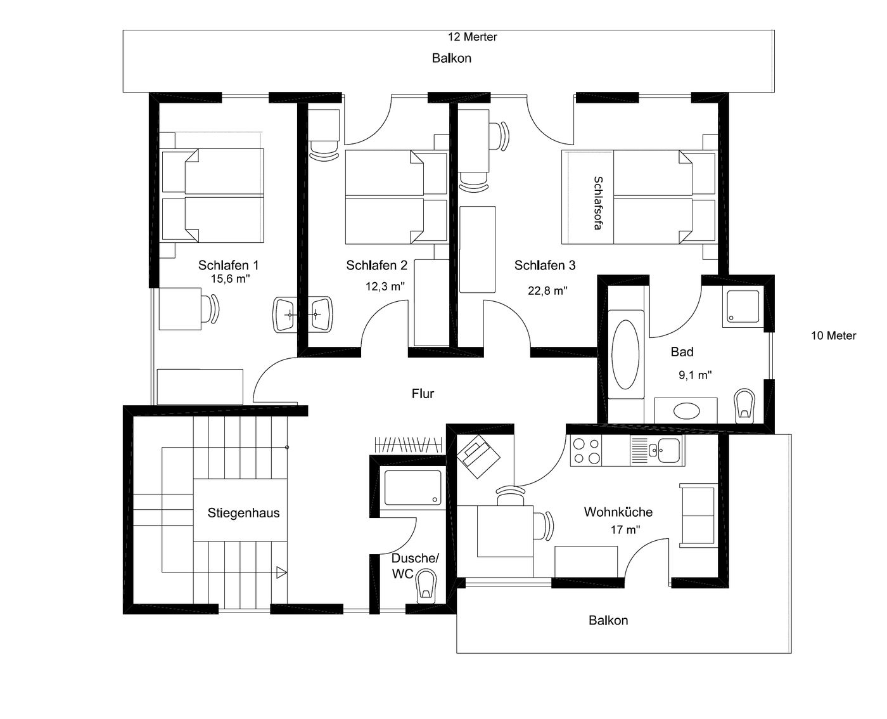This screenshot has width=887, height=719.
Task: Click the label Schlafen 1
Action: (228, 265)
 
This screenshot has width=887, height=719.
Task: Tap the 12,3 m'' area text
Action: (385, 287)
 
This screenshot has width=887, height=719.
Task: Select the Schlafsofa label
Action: (597, 203)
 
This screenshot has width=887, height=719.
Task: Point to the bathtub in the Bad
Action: (625, 354)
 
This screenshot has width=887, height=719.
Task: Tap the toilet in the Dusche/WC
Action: (426, 586)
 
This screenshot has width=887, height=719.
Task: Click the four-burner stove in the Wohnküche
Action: (587, 451)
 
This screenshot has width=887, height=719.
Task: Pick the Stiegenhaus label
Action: (244, 513)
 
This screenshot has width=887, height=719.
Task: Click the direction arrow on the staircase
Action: (281, 573)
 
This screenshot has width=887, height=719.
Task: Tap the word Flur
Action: (423, 394)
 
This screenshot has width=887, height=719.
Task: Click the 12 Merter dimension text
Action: (472, 37)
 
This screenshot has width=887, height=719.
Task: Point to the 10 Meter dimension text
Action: (833, 335)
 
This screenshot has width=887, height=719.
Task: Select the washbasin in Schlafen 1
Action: (285, 314)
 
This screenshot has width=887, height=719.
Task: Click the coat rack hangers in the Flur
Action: (408, 444)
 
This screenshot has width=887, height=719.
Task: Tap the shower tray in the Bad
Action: (743, 306)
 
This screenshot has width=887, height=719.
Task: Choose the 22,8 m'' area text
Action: (547, 290)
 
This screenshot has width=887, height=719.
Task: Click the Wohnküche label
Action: (618, 512)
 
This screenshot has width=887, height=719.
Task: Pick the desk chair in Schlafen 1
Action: (211, 308)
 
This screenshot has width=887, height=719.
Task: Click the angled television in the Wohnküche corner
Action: (478, 457)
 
